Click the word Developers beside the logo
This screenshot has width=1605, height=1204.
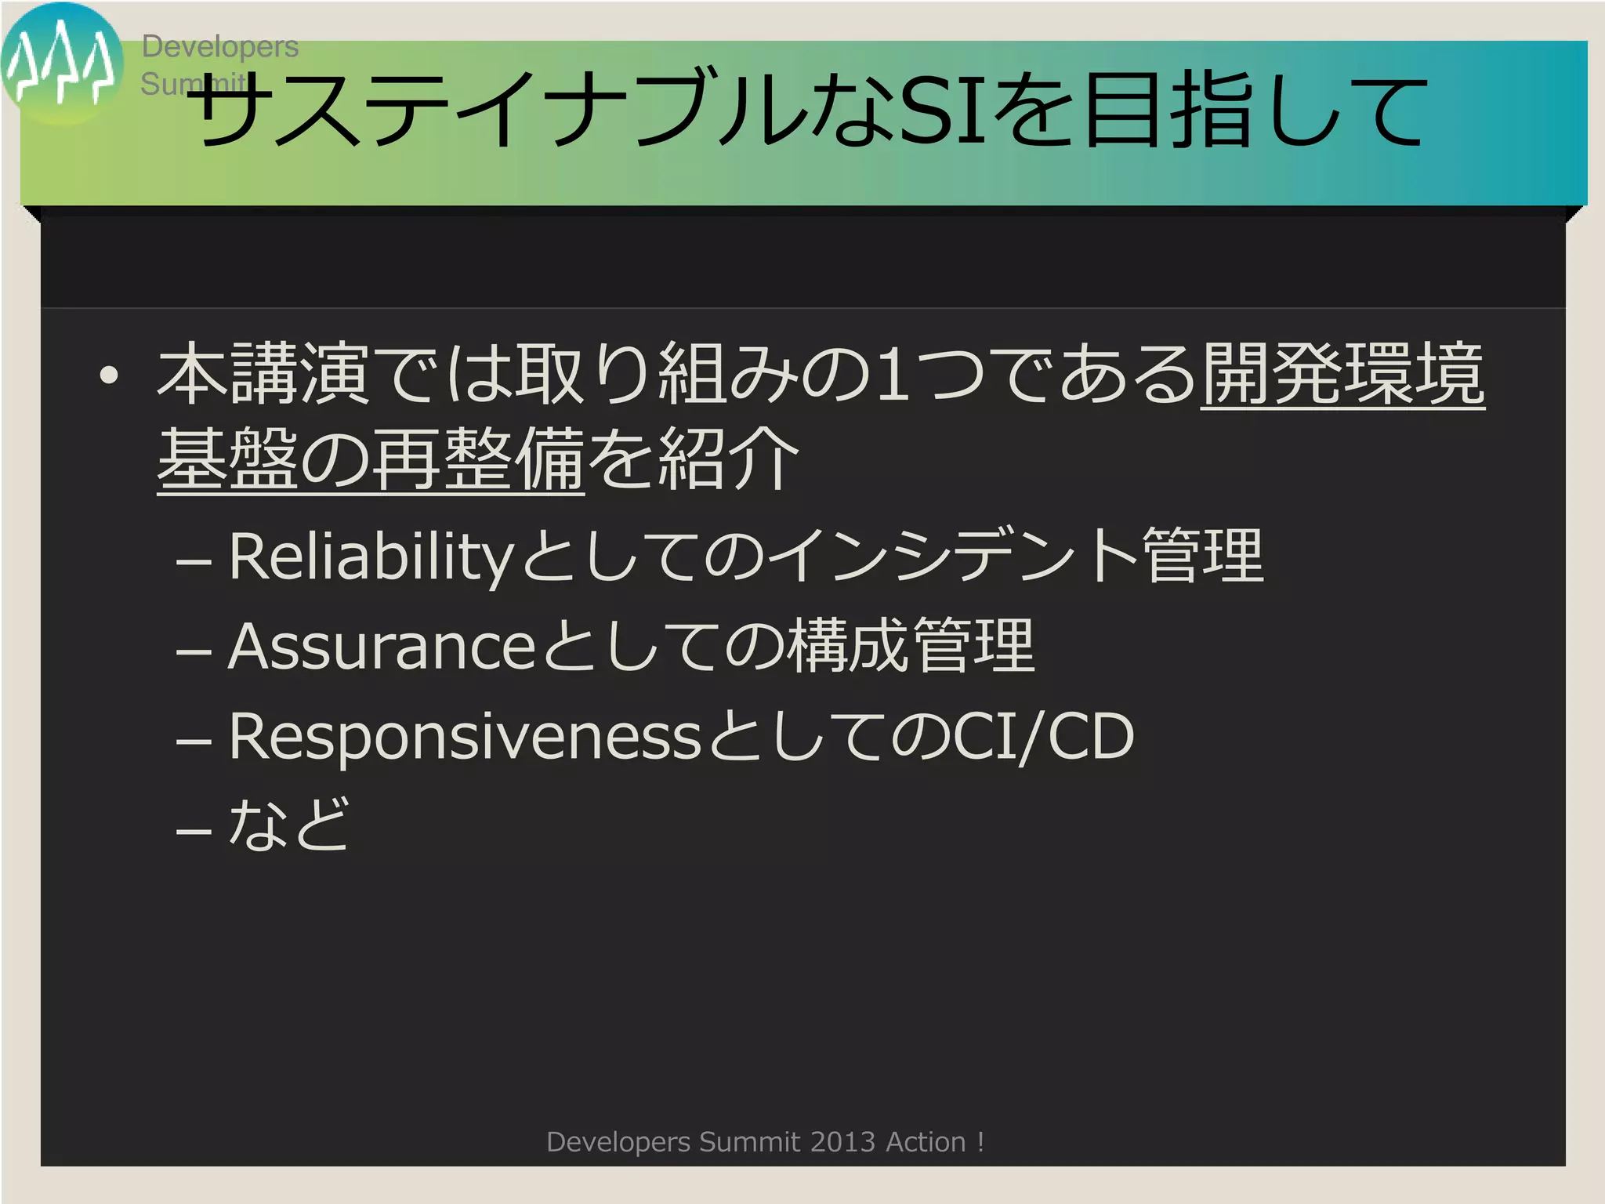[219, 47]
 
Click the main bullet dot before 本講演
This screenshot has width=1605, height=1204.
[110, 376]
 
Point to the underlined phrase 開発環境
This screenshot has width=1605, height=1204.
[1342, 375]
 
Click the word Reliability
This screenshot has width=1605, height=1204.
[370, 557]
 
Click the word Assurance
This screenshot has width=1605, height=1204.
[381, 647]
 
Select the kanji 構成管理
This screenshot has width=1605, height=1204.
[911, 647]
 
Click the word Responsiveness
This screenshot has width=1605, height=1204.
[464, 737]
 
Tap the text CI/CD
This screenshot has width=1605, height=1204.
[1042, 737]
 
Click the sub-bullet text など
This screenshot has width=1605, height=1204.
[288, 825]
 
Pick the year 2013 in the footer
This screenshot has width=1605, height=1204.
[842, 1142]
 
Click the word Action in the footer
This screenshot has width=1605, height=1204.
[925, 1142]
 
